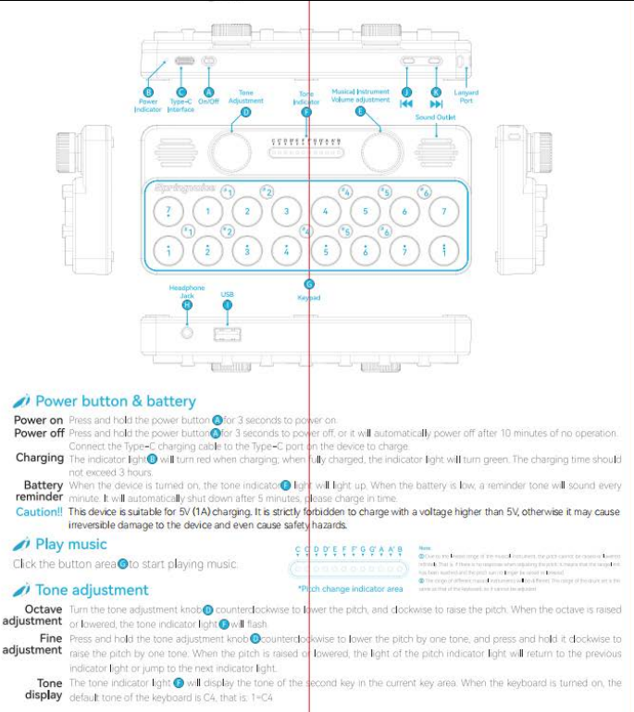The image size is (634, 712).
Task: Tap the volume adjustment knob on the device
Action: click(380, 148)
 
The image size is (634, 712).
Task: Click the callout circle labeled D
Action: click(246, 112)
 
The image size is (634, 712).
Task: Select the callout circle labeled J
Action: click(406, 92)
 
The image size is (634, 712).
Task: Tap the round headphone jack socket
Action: click(189, 331)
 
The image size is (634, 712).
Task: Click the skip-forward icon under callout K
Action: click(436, 104)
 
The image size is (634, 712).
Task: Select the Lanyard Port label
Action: click(466, 96)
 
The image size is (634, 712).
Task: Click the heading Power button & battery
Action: click(115, 401)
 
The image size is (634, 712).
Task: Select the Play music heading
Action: click(70, 545)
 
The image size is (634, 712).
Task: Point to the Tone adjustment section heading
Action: click(92, 589)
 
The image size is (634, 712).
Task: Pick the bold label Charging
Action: click(40, 458)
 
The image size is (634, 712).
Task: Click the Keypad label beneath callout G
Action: click(309, 299)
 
